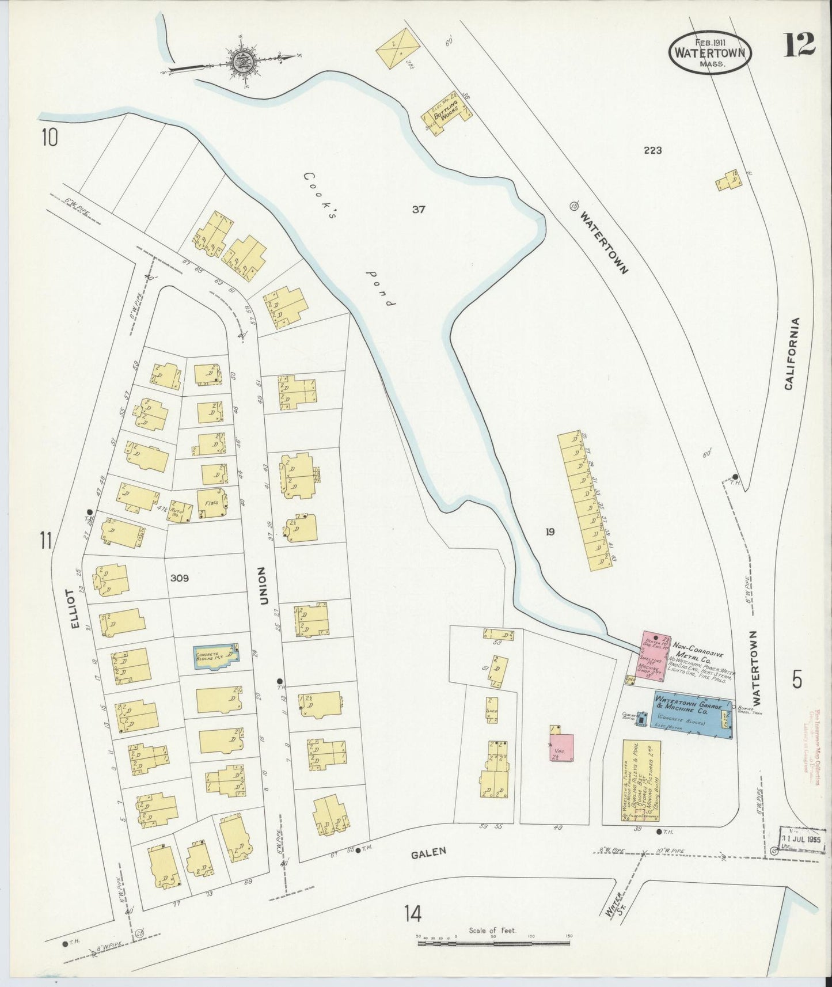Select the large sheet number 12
coord(799,45)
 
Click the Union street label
coord(263,586)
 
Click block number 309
coord(180,578)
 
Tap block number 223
coord(653,150)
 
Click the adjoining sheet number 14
coord(412,913)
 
